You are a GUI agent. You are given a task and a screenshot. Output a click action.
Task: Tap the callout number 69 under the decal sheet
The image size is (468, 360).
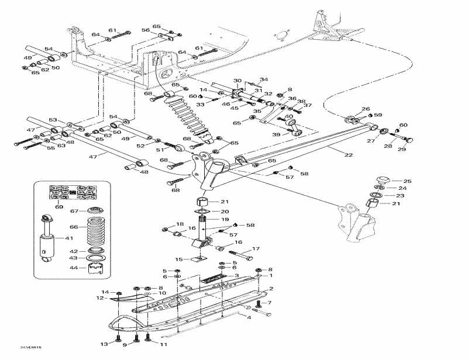(x=59, y=206)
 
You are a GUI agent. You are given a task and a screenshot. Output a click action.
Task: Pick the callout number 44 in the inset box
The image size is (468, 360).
(x=73, y=268)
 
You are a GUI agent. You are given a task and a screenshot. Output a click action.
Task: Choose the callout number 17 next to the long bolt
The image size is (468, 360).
(x=256, y=250)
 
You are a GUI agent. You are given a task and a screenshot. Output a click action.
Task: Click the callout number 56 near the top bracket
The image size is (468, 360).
(x=146, y=30)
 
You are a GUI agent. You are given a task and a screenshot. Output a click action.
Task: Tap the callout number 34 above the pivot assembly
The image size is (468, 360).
(x=264, y=79)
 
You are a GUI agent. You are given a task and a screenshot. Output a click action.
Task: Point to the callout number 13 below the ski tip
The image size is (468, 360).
(x=104, y=344)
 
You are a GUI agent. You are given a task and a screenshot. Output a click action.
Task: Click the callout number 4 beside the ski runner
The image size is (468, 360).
(x=249, y=317)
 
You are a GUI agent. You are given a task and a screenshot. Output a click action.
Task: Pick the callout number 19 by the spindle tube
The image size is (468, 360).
(x=224, y=219)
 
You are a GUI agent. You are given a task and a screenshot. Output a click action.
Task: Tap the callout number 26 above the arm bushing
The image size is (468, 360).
(x=366, y=109)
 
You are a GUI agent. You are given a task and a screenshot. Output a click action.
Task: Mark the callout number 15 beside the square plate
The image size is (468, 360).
(x=179, y=259)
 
